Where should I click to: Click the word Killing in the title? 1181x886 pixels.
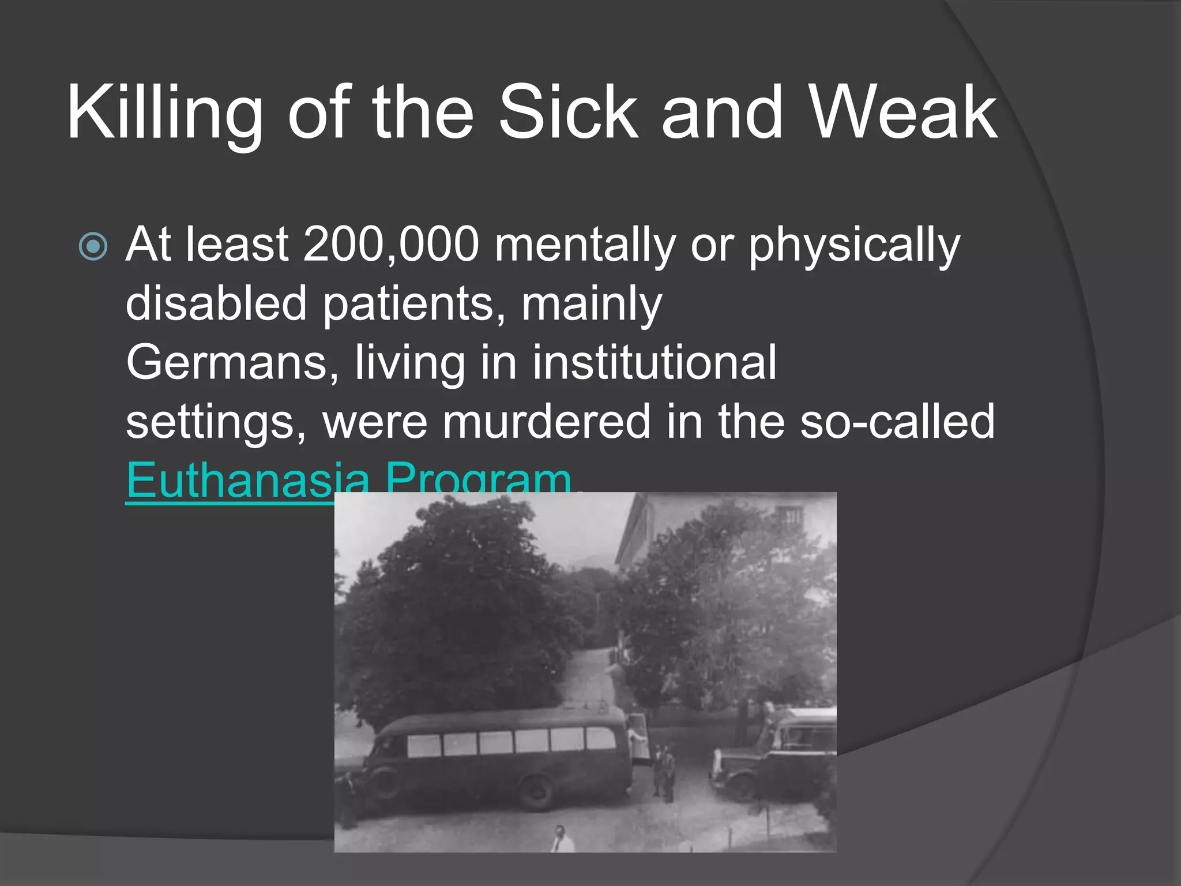click(x=165, y=112)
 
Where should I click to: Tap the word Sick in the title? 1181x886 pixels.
click(x=569, y=112)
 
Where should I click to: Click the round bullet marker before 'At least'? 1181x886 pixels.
click(x=93, y=246)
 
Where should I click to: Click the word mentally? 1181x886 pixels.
click(x=585, y=245)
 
